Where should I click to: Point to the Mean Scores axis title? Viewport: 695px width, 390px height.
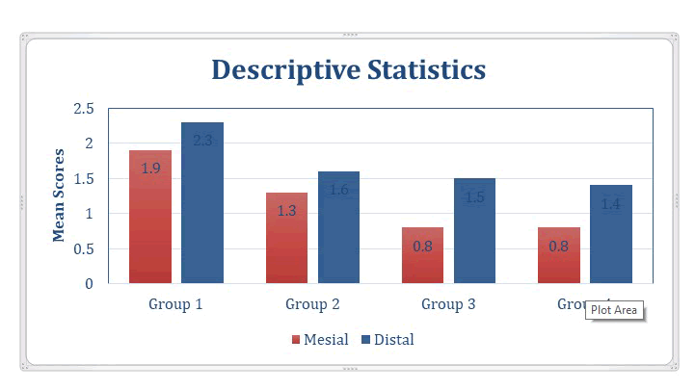(x=60, y=195)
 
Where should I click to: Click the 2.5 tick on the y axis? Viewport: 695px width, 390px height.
(x=84, y=109)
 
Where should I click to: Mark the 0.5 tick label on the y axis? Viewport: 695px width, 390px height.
(x=84, y=248)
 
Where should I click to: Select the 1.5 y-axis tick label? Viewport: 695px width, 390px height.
(x=84, y=179)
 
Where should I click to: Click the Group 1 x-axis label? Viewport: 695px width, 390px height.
(x=175, y=304)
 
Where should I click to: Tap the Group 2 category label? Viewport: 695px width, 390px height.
(x=312, y=304)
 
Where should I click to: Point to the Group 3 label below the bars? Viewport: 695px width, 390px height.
(x=448, y=304)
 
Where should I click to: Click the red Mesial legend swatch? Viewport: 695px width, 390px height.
(x=296, y=340)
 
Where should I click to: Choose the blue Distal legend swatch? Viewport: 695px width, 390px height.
(x=365, y=340)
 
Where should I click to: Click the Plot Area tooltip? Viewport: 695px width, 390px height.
(x=615, y=310)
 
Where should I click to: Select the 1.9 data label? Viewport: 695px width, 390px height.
(x=150, y=169)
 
